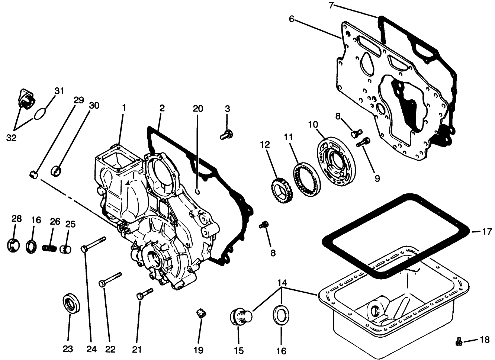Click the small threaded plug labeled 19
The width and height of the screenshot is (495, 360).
click(x=201, y=314)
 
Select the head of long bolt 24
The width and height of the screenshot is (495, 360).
click(x=84, y=248)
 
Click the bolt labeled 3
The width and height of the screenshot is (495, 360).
click(x=225, y=135)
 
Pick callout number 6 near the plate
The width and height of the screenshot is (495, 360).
click(x=291, y=19)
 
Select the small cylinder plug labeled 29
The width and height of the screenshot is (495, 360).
click(x=34, y=174)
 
